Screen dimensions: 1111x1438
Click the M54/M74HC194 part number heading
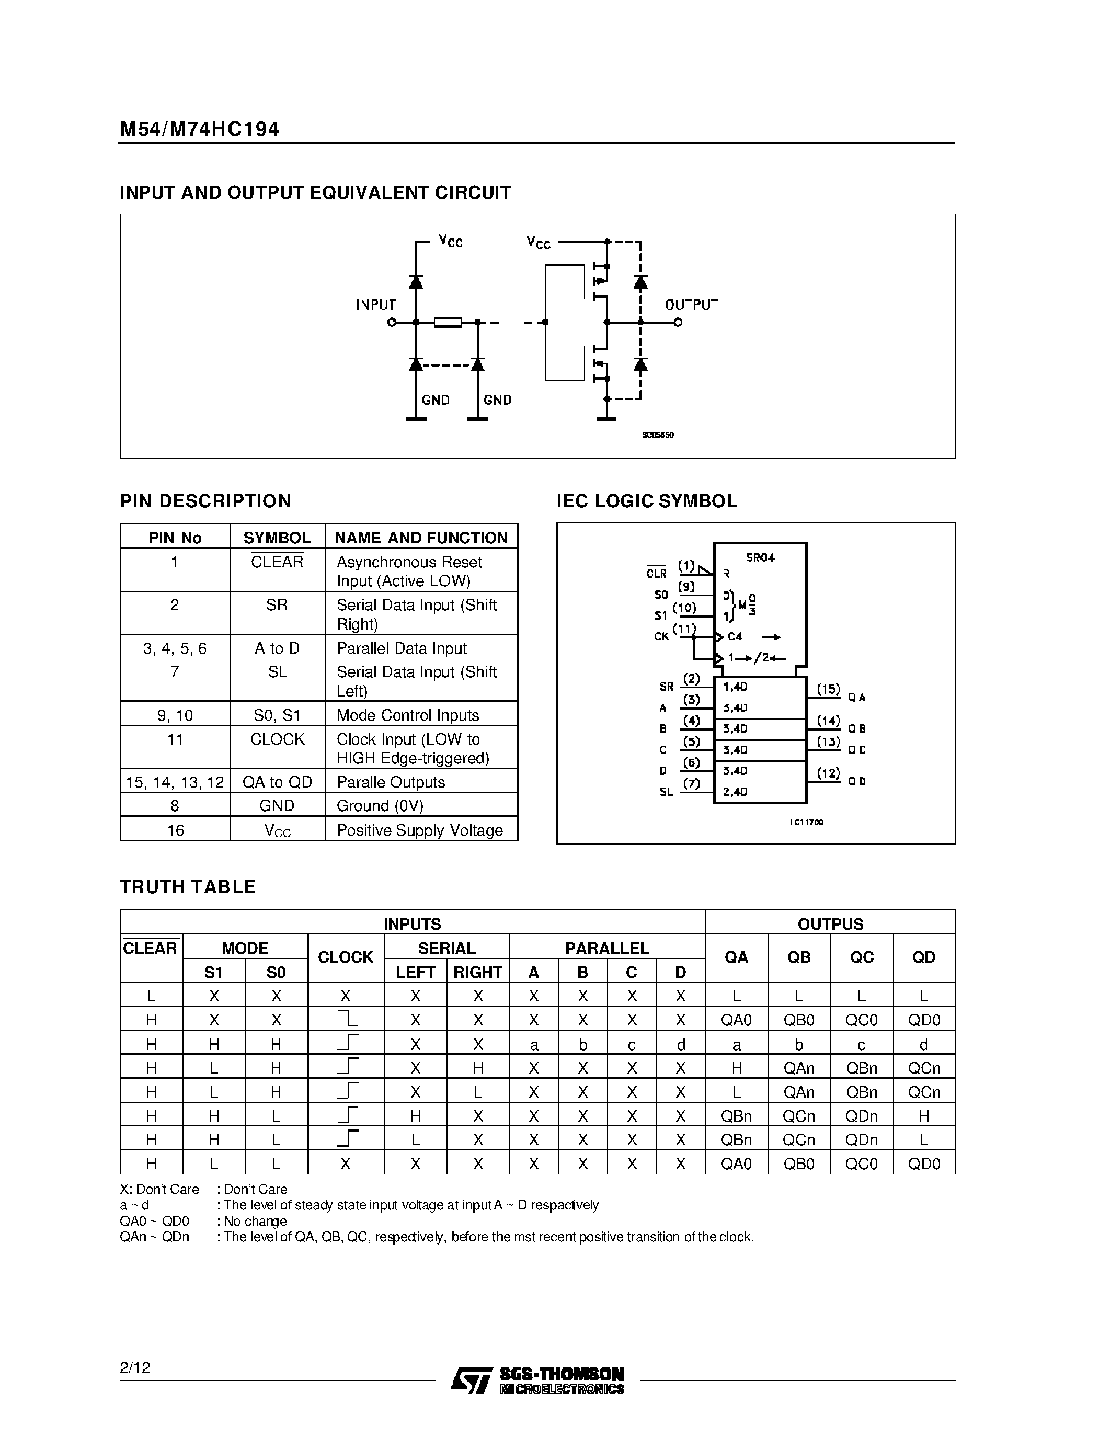199,129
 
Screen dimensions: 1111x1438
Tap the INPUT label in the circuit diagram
376,304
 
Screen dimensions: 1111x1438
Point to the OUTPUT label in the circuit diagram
691,304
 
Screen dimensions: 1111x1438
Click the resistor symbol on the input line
448,322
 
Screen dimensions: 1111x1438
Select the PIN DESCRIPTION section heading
205,501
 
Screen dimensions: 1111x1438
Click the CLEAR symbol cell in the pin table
277,562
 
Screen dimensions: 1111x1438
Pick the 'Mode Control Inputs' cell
407,715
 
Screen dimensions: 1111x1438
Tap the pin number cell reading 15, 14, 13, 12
175,782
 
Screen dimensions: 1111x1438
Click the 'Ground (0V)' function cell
380,806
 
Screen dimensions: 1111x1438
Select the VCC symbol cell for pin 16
277,830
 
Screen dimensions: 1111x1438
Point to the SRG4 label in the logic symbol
760,558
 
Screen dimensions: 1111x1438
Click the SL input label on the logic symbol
666,792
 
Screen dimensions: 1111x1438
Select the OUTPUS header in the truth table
830,924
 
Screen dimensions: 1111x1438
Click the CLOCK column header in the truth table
346,957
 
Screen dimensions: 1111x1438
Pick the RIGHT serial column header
478,972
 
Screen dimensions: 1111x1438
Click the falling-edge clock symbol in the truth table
348,1019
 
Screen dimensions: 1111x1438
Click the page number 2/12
135,1367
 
